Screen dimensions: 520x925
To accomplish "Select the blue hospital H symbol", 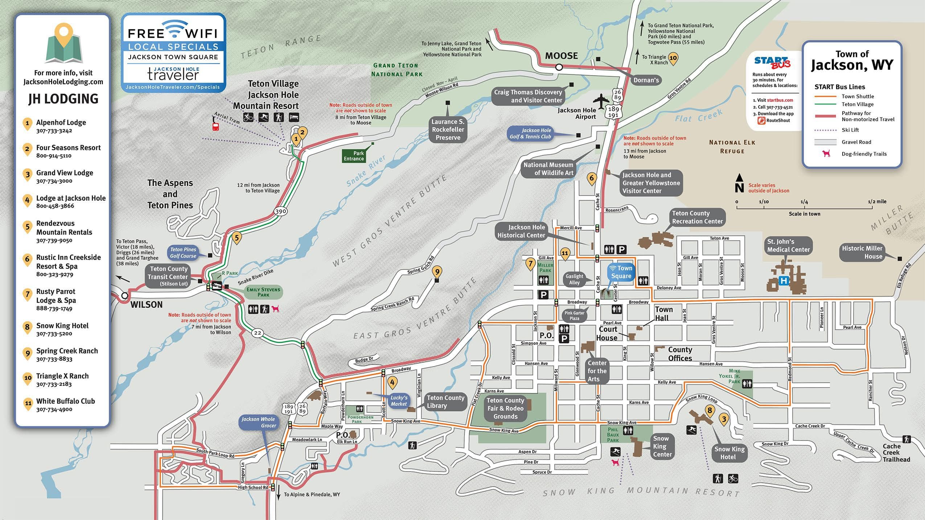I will pyautogui.click(x=784, y=281).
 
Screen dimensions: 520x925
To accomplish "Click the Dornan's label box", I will pyautogui.click(x=646, y=80).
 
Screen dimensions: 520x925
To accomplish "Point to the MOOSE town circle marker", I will pyautogui.click(x=559, y=67).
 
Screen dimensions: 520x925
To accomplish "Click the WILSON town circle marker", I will pyautogui.click(x=124, y=295).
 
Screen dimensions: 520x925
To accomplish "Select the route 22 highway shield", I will pyautogui.click(x=257, y=333).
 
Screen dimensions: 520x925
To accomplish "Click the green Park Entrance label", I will pyautogui.click(x=354, y=156).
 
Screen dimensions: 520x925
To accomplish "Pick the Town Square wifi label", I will pyautogui.click(x=621, y=272).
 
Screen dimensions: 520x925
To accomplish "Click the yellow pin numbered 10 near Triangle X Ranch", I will pyautogui.click(x=673, y=58).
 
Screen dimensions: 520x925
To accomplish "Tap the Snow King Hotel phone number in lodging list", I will pyautogui.click(x=54, y=333).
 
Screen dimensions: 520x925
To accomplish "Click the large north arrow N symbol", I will pyautogui.click(x=739, y=184).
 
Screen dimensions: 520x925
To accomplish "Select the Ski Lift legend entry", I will pyautogui.click(x=850, y=130).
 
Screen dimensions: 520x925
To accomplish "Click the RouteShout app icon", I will pyautogui.click(x=762, y=120).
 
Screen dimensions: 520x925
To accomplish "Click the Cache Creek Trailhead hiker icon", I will pyautogui.click(x=906, y=439).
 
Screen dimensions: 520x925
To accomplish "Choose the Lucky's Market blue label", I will pyautogui.click(x=399, y=401).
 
